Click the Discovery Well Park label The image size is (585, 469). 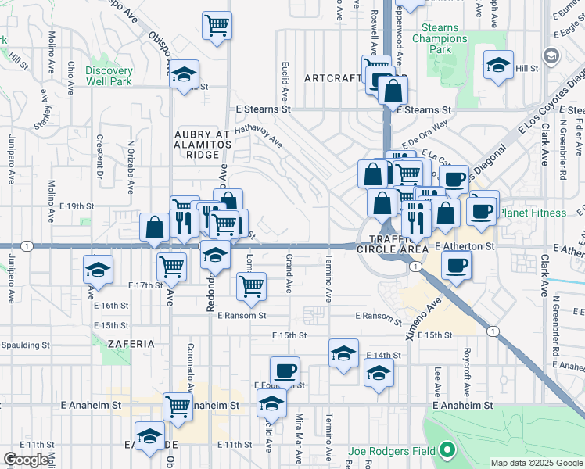(109, 77)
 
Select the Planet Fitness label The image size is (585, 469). (532, 213)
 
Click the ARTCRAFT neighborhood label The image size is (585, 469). (334, 78)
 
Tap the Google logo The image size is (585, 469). (26, 460)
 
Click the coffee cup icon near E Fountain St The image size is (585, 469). (285, 370)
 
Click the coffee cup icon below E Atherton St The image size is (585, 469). (455, 264)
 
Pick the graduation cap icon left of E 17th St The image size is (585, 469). (97, 270)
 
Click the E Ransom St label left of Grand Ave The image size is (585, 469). (242, 316)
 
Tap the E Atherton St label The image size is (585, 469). (465, 246)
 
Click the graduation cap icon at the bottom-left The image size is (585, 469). (149, 438)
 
